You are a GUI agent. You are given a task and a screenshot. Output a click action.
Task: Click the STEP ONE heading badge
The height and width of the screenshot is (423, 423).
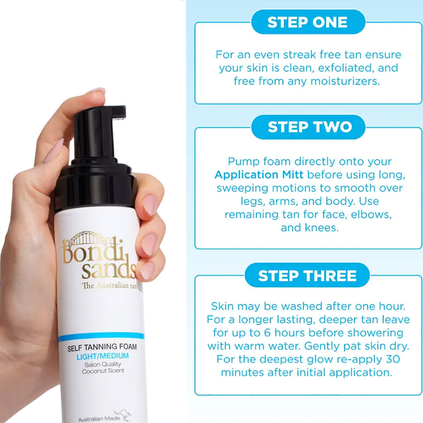[308, 22]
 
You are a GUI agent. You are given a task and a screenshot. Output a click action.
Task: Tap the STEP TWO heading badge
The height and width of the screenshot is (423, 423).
[308, 127]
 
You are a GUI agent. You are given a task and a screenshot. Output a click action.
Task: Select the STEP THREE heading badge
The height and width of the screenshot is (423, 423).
[307, 276]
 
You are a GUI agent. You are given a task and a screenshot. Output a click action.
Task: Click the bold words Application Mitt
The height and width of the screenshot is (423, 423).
[259, 174]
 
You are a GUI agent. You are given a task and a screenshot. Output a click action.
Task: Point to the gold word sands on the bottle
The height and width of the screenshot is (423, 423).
[108, 271]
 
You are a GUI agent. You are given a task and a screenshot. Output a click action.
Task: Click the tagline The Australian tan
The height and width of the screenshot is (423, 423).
[109, 286]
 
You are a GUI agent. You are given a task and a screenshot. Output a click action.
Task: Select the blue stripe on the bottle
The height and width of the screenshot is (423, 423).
[101, 337]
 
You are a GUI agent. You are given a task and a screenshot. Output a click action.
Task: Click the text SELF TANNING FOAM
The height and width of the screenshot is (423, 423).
[102, 348]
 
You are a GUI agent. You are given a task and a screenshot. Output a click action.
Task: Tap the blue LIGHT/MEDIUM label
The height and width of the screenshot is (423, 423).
[102, 356]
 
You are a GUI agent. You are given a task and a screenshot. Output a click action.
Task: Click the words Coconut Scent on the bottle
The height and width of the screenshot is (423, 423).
[103, 371]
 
